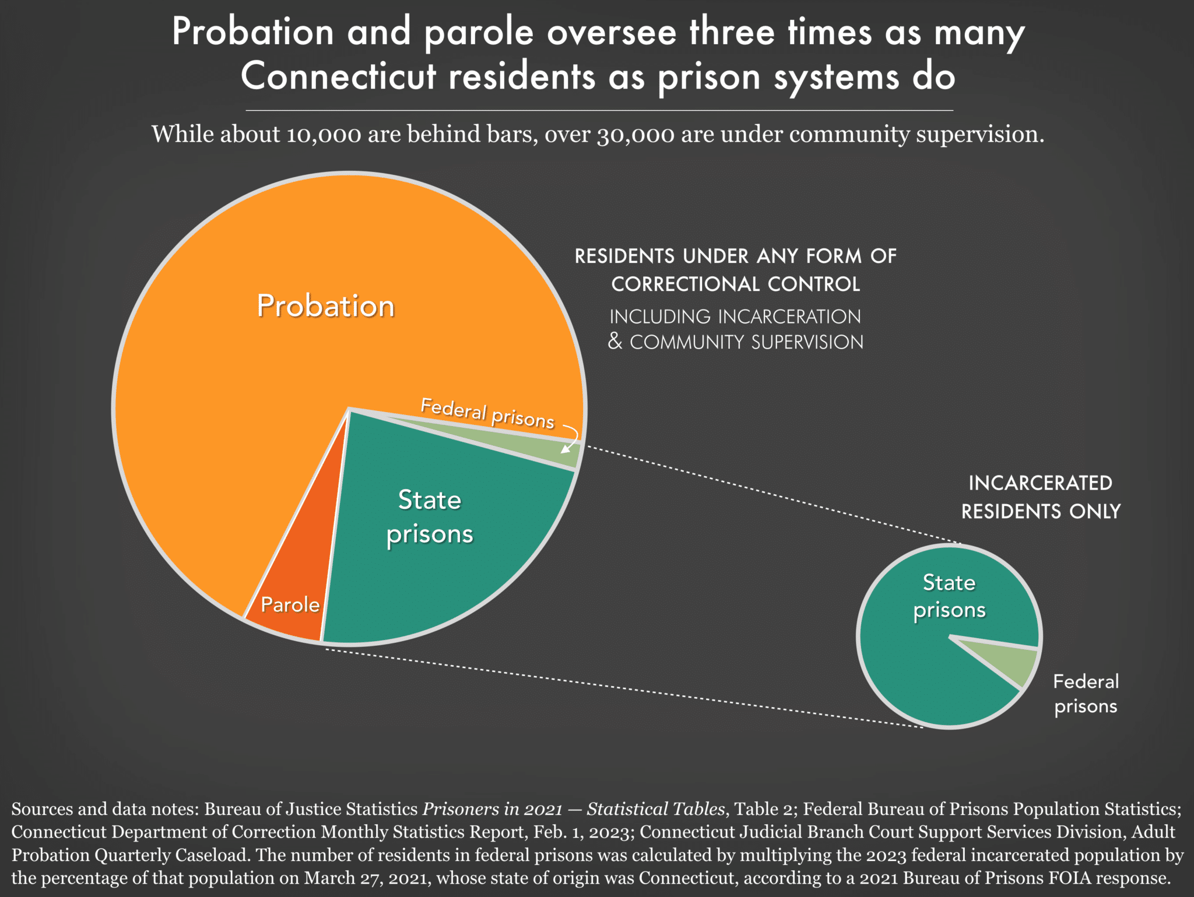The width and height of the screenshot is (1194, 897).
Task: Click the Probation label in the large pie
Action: coord(326,306)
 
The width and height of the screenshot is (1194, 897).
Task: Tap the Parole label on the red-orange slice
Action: coord(290,604)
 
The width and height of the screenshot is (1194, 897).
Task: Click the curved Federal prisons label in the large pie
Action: coord(487,413)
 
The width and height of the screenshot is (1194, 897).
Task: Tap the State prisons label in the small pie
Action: coord(949,596)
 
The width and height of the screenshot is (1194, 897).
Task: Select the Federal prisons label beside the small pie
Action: coord(1086,694)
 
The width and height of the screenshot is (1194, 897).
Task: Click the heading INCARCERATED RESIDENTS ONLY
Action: coord(1041,497)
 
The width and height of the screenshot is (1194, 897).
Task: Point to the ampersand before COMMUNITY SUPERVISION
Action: coord(615,341)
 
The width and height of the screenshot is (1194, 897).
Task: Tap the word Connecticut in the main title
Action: coord(339,76)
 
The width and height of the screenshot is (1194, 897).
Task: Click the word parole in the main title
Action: coord(479,33)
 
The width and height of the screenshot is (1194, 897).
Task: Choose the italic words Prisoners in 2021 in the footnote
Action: coord(493,809)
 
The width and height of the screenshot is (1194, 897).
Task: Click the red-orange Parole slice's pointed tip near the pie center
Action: coord(348,410)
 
